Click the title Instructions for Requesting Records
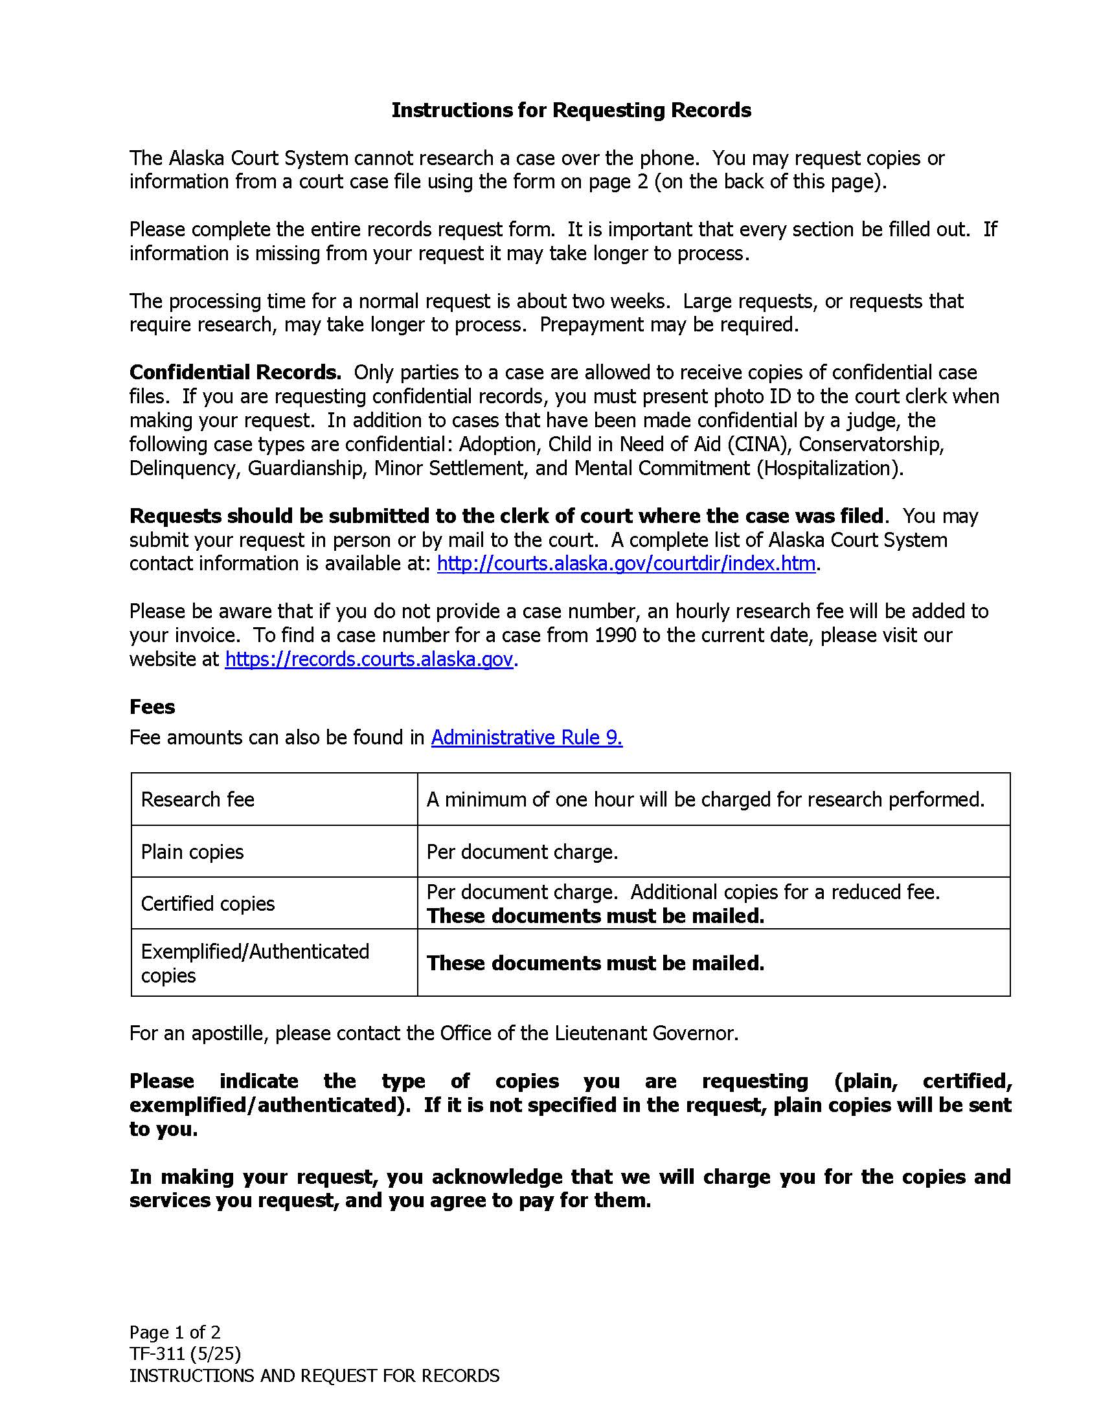(x=571, y=110)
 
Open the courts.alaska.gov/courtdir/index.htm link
(x=626, y=563)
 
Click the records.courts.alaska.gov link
(x=369, y=659)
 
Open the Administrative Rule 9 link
(x=527, y=737)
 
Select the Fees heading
(x=152, y=707)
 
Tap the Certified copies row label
(x=208, y=904)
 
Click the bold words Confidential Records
(x=235, y=372)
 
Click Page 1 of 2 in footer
(x=175, y=1332)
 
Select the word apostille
(x=230, y=1034)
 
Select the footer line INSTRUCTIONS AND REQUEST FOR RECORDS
(x=314, y=1375)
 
